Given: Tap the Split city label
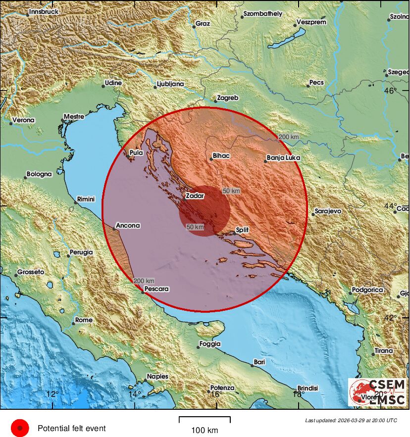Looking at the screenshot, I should pos(242,230).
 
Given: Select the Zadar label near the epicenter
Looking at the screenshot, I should pos(195,196).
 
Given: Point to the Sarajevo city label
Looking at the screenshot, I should pos(328,211).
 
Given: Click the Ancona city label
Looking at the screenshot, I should pos(128,226).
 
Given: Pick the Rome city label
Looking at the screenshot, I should pos(84,320).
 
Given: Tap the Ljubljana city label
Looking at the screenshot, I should pos(170,84).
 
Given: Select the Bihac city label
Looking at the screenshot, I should pos(221,156).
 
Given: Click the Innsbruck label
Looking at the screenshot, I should pos(44,11).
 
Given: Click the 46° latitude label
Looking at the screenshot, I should pos(391,91).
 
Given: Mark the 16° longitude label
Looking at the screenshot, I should pos(215,394).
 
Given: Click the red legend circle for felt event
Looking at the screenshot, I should pos(20,428).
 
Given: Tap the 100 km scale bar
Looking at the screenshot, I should pos(205,420).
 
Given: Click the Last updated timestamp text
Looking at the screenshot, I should pos(351,420).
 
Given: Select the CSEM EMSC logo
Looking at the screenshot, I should pos(378,392).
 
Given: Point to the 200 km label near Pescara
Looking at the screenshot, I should pos(144,281).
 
